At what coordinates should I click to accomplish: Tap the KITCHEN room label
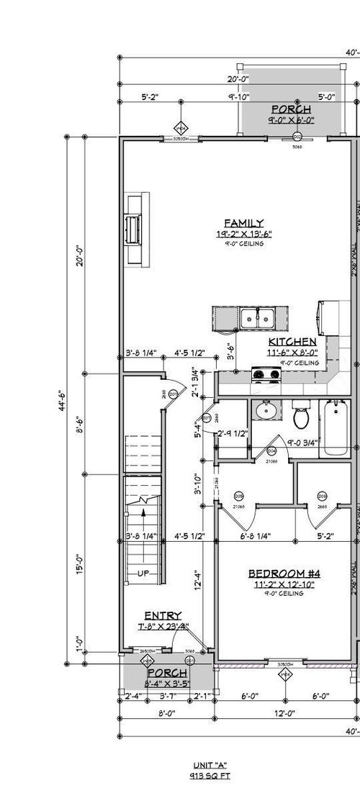click(292, 342)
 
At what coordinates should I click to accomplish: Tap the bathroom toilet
click(302, 416)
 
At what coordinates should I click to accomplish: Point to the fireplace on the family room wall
click(133, 229)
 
